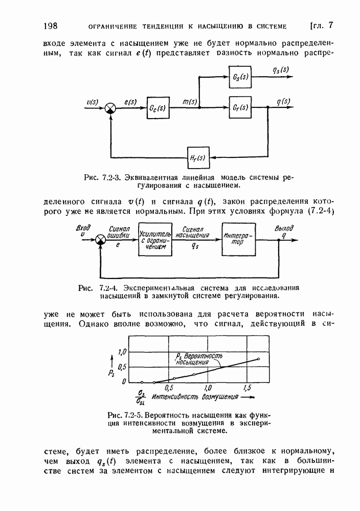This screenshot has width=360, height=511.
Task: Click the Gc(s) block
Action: (158, 108)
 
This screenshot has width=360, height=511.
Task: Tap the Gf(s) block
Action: (240, 108)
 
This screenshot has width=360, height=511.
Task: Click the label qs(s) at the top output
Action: (280, 71)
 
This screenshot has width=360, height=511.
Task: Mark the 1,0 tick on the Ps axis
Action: (122, 352)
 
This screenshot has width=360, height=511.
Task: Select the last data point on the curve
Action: (259, 359)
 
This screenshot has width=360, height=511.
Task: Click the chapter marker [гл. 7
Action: (322, 26)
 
